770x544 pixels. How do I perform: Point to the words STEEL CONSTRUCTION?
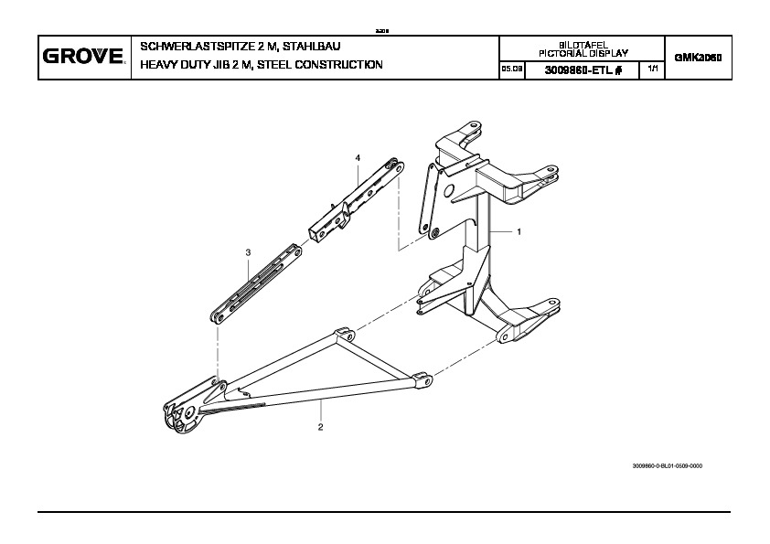point(321,65)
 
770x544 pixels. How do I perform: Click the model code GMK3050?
point(698,57)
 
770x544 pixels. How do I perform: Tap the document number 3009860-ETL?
point(576,70)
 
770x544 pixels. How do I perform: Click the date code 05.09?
point(511,70)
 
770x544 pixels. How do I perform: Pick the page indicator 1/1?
point(651,69)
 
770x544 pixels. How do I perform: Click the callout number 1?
point(519,232)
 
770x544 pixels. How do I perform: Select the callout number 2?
point(320,427)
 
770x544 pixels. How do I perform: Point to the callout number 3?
point(247,251)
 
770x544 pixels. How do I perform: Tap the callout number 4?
point(358,158)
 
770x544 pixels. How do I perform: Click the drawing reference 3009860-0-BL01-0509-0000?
point(667,466)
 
